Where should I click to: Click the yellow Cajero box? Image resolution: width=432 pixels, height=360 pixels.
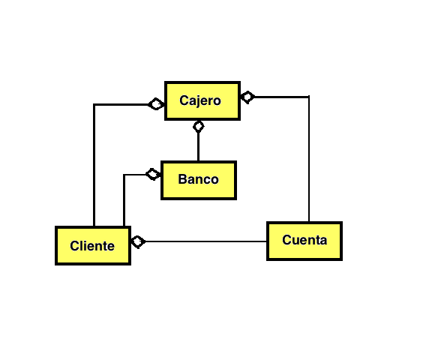202,100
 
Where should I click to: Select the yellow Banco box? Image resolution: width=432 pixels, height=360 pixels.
199,180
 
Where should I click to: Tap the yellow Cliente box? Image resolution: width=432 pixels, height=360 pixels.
93,246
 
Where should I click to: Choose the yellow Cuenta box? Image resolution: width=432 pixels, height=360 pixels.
304,241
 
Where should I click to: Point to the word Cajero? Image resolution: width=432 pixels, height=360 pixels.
200,100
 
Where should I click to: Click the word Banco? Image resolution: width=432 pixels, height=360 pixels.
198,179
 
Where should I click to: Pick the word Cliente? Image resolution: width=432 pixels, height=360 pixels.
92,246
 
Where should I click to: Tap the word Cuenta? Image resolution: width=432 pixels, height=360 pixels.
304,240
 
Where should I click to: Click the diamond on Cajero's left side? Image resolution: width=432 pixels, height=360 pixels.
156,104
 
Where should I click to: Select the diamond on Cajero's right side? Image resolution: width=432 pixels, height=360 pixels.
247,97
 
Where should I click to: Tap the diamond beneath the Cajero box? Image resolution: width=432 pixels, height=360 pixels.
198,127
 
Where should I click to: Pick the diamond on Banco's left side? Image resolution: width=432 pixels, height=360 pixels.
153,174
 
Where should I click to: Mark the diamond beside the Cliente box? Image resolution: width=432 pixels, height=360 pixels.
138,241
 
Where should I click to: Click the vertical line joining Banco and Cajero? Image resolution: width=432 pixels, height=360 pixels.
198,146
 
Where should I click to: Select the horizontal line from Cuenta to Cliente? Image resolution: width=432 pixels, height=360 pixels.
206,241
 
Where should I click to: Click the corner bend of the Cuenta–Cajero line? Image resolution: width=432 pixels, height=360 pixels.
309,97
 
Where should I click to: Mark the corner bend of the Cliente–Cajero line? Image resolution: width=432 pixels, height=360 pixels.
94,105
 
